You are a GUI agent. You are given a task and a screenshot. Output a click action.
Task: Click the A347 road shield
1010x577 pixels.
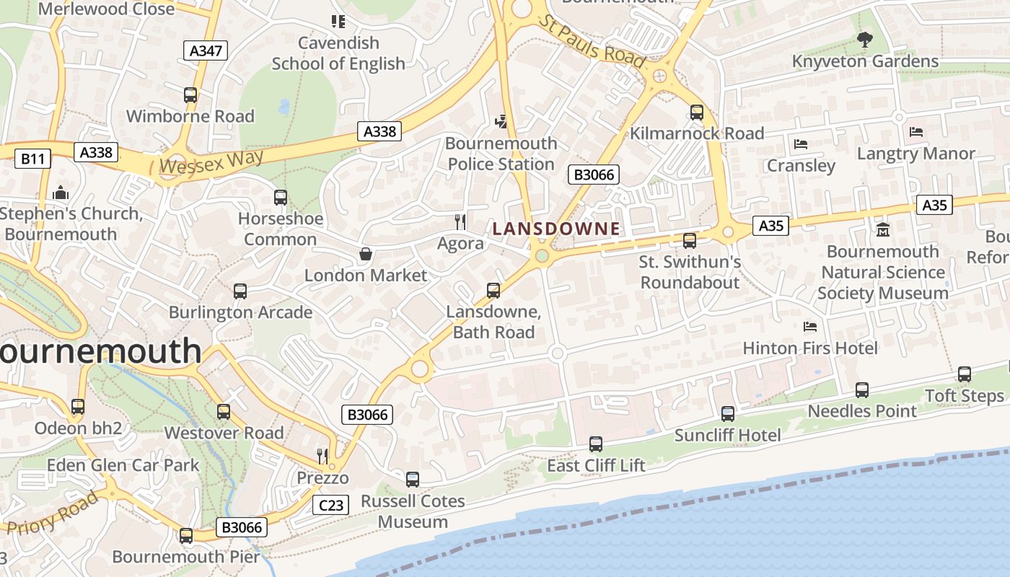pyautogui.click(x=207, y=50)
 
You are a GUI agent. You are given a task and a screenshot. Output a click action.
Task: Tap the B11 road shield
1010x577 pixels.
pyautogui.click(x=32, y=159)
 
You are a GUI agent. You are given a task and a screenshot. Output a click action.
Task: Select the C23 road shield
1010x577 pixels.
pyautogui.click(x=331, y=505)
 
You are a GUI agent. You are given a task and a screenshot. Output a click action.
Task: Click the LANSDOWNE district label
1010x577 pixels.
pyautogui.click(x=555, y=229)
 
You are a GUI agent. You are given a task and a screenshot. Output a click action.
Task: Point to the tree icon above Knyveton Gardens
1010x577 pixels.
pyautogui.click(x=864, y=40)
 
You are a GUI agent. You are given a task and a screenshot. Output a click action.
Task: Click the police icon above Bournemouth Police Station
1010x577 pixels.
pyautogui.click(x=501, y=122)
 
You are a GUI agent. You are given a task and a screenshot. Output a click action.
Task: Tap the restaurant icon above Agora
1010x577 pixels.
pyautogui.click(x=460, y=221)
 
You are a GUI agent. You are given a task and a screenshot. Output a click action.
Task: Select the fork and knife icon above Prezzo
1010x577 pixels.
pyautogui.click(x=322, y=456)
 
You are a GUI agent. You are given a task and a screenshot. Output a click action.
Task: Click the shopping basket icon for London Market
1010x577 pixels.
pyautogui.click(x=366, y=254)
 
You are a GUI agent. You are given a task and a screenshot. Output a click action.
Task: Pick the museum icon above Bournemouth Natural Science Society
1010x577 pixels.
pyautogui.click(x=883, y=230)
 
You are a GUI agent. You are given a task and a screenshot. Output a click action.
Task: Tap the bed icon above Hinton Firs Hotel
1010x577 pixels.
pyautogui.click(x=810, y=327)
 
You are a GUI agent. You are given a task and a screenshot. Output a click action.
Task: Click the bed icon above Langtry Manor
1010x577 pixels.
pyautogui.click(x=916, y=132)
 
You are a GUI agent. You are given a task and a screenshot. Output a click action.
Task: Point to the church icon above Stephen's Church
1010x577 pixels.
pyautogui.click(x=61, y=193)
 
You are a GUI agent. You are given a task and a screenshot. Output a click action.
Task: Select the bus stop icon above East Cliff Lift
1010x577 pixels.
pyautogui.click(x=596, y=444)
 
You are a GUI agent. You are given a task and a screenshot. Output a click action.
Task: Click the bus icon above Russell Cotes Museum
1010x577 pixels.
pyautogui.click(x=413, y=480)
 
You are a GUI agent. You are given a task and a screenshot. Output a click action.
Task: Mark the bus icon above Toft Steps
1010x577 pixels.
pyautogui.click(x=965, y=374)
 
